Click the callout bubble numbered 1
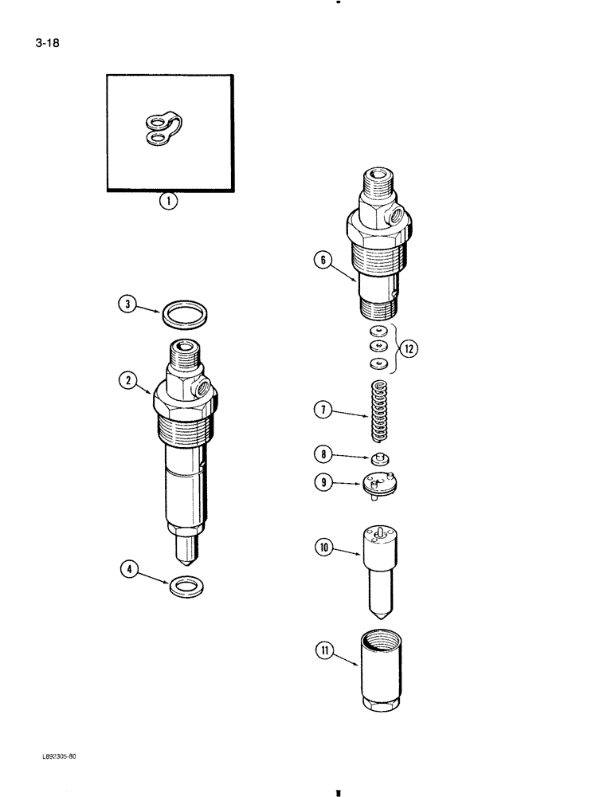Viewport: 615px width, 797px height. click(168, 202)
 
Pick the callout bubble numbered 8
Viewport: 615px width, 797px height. click(322, 454)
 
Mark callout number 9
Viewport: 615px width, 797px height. click(322, 481)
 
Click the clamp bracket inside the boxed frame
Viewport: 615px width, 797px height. click(165, 130)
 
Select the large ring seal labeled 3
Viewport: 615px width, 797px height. click(185, 314)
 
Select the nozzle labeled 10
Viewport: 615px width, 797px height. click(381, 566)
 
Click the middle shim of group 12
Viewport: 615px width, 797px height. click(378, 347)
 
